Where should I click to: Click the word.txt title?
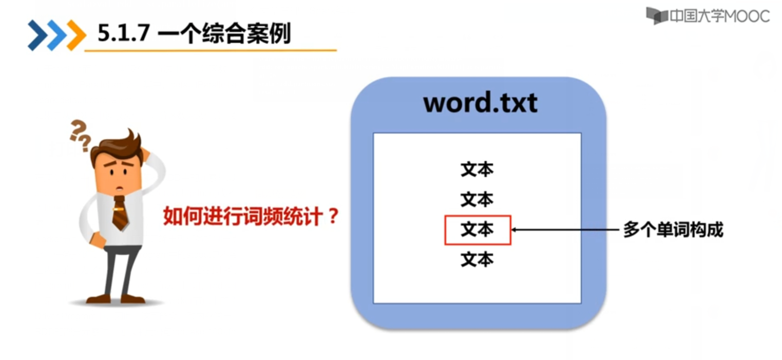click(x=480, y=103)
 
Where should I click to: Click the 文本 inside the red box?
click(x=477, y=230)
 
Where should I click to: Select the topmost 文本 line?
click(x=477, y=169)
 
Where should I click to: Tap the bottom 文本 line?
click(x=477, y=260)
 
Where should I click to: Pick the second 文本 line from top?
click(x=477, y=199)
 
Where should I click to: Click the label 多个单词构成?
click(x=673, y=230)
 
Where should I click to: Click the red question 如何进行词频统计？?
click(x=251, y=216)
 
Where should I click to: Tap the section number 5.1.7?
click(x=123, y=33)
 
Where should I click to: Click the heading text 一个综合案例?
click(x=224, y=33)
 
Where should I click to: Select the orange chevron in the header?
click(x=76, y=35)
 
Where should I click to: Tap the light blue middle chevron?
click(x=56, y=35)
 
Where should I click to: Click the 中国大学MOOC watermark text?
click(x=719, y=16)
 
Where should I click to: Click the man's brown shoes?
click(x=115, y=298)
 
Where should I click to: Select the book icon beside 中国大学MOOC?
click(x=656, y=16)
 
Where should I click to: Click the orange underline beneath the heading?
click(x=211, y=50)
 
